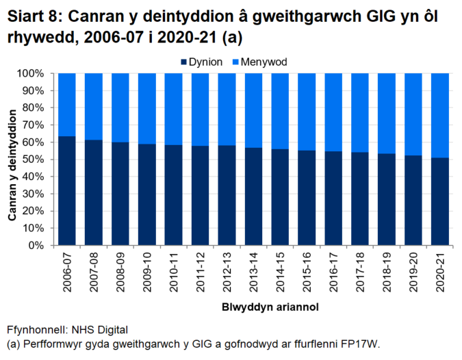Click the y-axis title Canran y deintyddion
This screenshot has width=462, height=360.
[12, 159]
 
